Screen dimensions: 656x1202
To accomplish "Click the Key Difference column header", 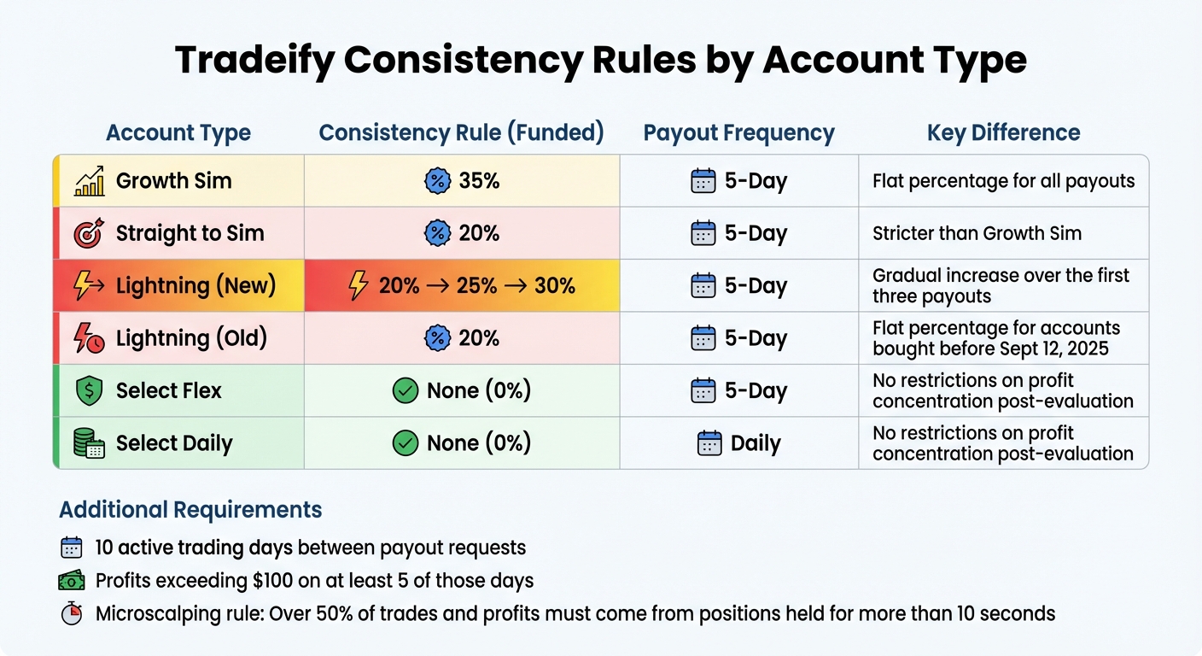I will click(1003, 132).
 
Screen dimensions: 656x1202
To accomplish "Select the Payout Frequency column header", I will click(738, 132).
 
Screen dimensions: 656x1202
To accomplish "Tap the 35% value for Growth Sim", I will click(478, 181).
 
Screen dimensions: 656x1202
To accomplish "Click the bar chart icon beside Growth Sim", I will click(90, 181).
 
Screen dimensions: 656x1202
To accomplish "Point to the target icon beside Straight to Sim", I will click(90, 233).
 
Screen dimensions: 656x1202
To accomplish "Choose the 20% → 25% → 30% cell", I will click(462, 286).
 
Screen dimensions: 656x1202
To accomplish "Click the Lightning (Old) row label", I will click(191, 338).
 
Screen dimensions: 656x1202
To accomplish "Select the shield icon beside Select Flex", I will click(90, 391).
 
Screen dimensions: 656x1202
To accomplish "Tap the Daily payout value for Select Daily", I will click(755, 443).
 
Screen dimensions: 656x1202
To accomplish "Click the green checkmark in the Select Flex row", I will click(405, 391).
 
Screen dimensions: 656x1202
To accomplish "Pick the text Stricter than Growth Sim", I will click(977, 233).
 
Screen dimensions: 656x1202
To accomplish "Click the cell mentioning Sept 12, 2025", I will click(995, 338).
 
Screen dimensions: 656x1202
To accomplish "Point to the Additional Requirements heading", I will click(190, 510).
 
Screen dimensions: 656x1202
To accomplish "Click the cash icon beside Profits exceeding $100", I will click(72, 581).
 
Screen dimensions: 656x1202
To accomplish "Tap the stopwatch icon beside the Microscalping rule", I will click(72, 614).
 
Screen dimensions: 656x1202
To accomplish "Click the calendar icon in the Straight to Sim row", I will click(703, 233).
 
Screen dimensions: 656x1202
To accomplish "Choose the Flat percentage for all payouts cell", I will click(1003, 181).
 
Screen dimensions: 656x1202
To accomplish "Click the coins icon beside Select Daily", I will click(90, 443).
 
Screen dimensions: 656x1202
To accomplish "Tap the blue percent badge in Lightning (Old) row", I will click(437, 338).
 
